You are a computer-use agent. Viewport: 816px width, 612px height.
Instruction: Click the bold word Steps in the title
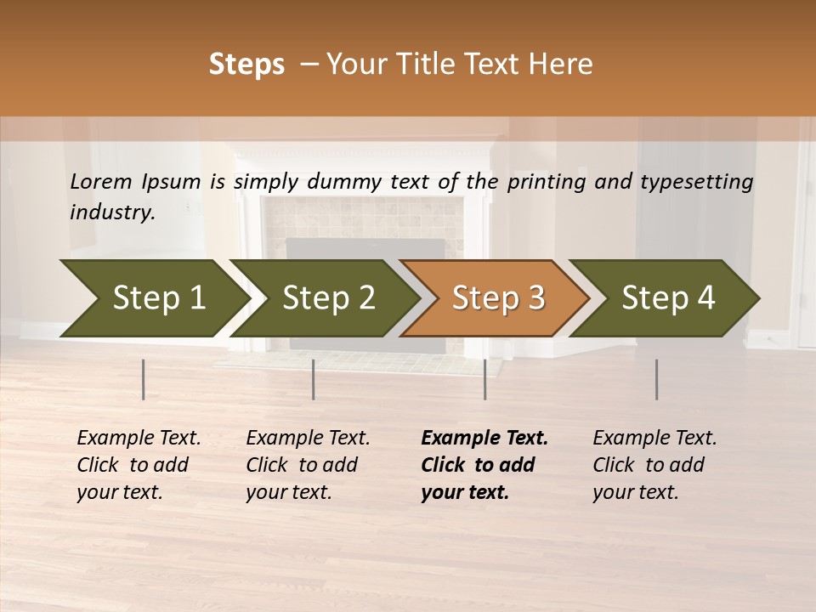(246, 65)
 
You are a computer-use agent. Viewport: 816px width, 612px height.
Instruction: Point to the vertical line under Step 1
(144, 379)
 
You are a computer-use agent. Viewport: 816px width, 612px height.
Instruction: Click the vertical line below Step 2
(314, 379)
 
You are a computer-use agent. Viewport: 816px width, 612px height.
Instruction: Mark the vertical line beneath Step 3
(485, 379)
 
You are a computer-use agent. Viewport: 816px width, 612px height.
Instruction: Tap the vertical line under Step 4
(657, 379)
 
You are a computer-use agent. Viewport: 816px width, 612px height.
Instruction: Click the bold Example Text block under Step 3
(484, 465)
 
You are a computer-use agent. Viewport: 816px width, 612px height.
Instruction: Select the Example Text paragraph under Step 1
(139, 465)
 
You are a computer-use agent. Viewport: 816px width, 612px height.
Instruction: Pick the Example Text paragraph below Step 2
(308, 465)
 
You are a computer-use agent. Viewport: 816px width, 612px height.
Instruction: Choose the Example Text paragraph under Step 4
(654, 465)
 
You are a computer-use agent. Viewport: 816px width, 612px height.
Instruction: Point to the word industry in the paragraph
(112, 212)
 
